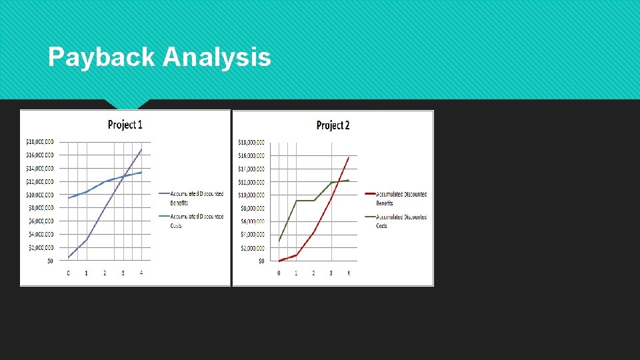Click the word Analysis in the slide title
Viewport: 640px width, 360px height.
217,58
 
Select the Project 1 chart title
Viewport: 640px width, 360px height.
125,125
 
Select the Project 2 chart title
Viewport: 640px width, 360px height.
333,125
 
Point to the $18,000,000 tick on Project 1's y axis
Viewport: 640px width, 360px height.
40,141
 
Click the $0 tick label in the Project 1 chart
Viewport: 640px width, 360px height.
50,261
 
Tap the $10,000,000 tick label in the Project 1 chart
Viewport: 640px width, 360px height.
40,195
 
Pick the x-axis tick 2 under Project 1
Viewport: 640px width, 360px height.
105,273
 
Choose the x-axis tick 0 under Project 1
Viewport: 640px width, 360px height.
68,273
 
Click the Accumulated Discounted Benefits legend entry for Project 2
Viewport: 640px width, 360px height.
401,198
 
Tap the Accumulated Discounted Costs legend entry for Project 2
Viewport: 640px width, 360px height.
401,221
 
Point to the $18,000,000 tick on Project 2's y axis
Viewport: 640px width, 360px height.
251,142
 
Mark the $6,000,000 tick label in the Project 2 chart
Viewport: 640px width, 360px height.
251,221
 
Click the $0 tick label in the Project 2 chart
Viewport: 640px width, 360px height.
261,261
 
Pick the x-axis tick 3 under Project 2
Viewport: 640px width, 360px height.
331,273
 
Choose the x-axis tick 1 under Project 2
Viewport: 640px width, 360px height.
296,273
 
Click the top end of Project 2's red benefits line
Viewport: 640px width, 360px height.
349,157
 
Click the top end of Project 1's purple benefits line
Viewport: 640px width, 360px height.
141,149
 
